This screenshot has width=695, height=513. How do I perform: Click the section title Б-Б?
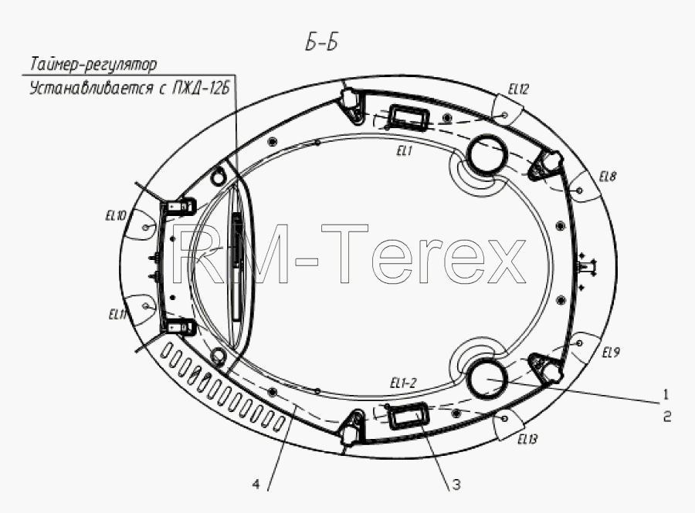(322, 43)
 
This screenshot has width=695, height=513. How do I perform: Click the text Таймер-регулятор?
(93, 65)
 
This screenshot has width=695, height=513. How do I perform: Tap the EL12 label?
(518, 89)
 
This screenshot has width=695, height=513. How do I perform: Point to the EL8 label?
(607, 177)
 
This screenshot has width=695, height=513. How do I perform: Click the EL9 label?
(611, 353)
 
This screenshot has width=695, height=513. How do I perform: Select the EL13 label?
(527, 439)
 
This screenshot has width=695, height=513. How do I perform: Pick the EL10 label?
(116, 216)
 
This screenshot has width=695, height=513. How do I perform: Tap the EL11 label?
(117, 315)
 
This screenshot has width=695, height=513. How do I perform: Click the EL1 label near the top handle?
(404, 151)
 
